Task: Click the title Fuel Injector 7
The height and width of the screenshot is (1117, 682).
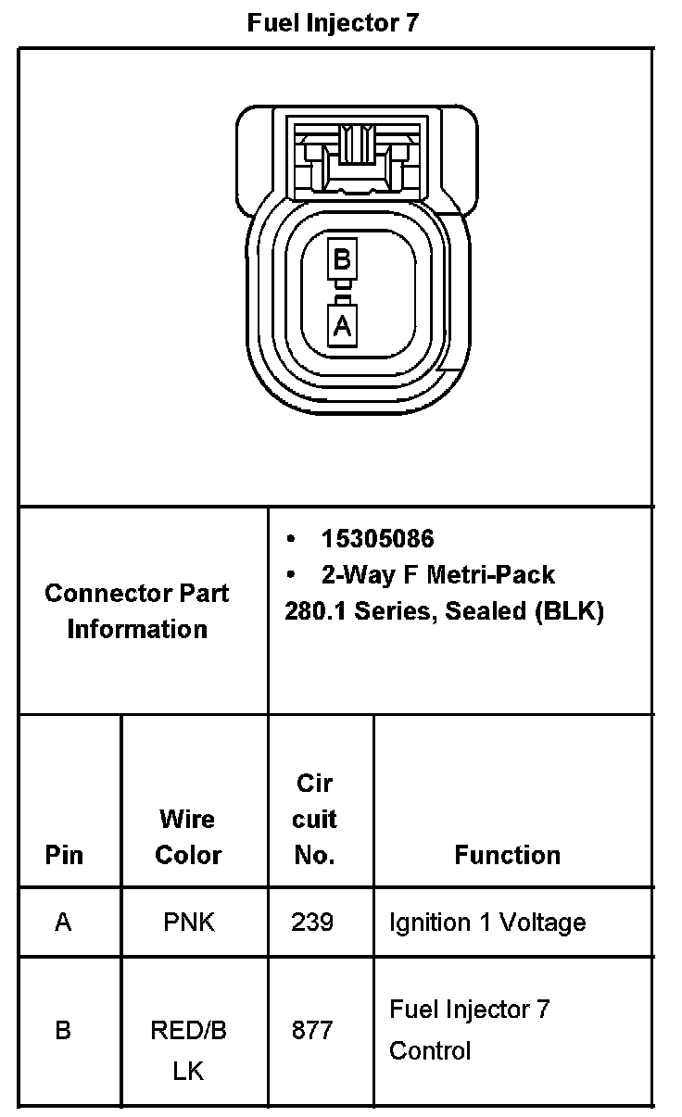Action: pos(333,23)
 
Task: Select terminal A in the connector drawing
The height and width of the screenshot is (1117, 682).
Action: pos(342,325)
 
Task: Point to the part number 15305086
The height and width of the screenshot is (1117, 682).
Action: pos(377,538)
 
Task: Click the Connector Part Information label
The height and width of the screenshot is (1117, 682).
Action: pos(137,610)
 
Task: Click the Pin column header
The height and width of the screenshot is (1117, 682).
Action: pos(63,854)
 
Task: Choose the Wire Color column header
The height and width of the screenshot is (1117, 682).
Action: pos(188,836)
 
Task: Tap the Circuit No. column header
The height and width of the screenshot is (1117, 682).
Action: pos(315,819)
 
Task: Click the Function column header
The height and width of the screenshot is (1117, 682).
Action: pos(507,854)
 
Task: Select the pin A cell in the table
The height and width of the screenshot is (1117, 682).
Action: pos(63,922)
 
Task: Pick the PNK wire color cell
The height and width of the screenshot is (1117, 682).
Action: pos(188,922)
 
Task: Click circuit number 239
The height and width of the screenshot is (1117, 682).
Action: pos(312,922)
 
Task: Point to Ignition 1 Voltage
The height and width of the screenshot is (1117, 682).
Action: pos(487,922)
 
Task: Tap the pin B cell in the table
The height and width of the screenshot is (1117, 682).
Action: pos(63,1030)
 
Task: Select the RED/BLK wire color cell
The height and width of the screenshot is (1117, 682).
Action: pos(188,1050)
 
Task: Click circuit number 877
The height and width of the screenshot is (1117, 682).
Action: pos(312,1030)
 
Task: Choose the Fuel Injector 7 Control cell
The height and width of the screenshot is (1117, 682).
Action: pos(470,1030)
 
